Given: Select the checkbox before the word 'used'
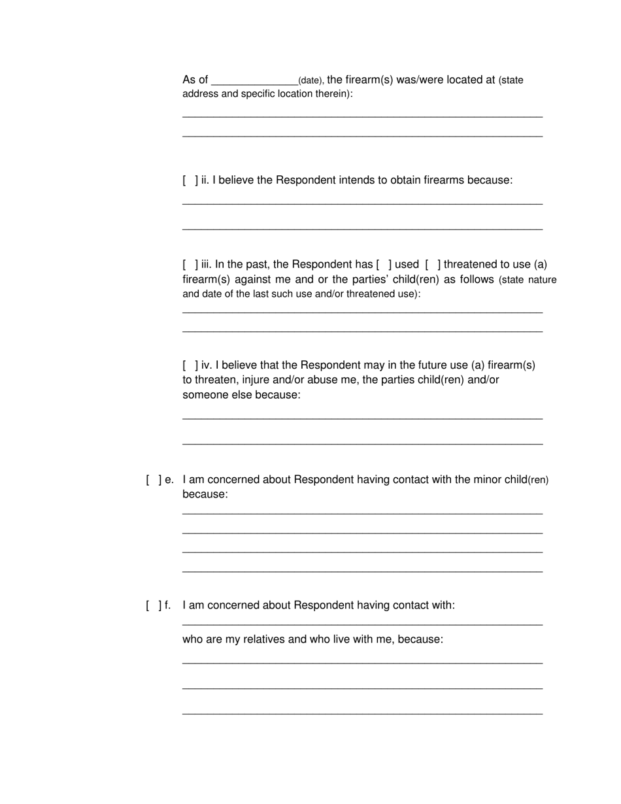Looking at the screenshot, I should point(384,265).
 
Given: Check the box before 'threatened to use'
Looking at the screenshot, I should point(433,265).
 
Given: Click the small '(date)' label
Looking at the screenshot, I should point(310,81).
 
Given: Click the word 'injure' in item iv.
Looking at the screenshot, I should point(258,380).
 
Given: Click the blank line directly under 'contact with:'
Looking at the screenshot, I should point(362,624).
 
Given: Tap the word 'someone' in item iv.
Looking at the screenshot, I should point(203,395).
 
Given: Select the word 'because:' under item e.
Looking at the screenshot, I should point(205,495).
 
